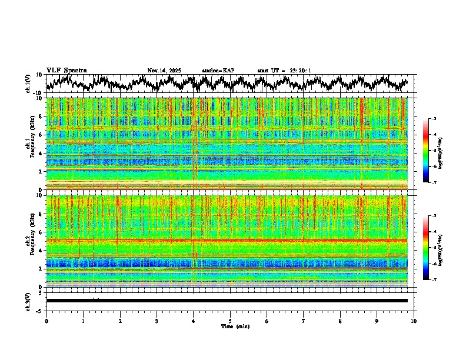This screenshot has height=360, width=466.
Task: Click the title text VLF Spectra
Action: [x=66, y=70]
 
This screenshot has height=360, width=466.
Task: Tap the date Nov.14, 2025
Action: [x=164, y=71]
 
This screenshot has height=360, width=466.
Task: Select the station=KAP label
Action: [x=218, y=71]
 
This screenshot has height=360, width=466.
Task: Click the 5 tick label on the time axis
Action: [x=230, y=321]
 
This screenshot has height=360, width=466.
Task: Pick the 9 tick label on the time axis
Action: [x=377, y=321]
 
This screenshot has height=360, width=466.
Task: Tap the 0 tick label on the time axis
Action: [x=46, y=321]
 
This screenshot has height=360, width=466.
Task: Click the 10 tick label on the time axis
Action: [x=414, y=321]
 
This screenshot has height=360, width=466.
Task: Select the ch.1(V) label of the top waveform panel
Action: [x=28, y=84]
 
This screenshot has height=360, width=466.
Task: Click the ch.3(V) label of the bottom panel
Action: [x=28, y=301]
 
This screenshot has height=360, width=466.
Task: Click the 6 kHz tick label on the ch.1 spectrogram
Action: [x=40, y=135]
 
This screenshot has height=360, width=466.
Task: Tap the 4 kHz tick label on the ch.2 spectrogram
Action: [x=40, y=250]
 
